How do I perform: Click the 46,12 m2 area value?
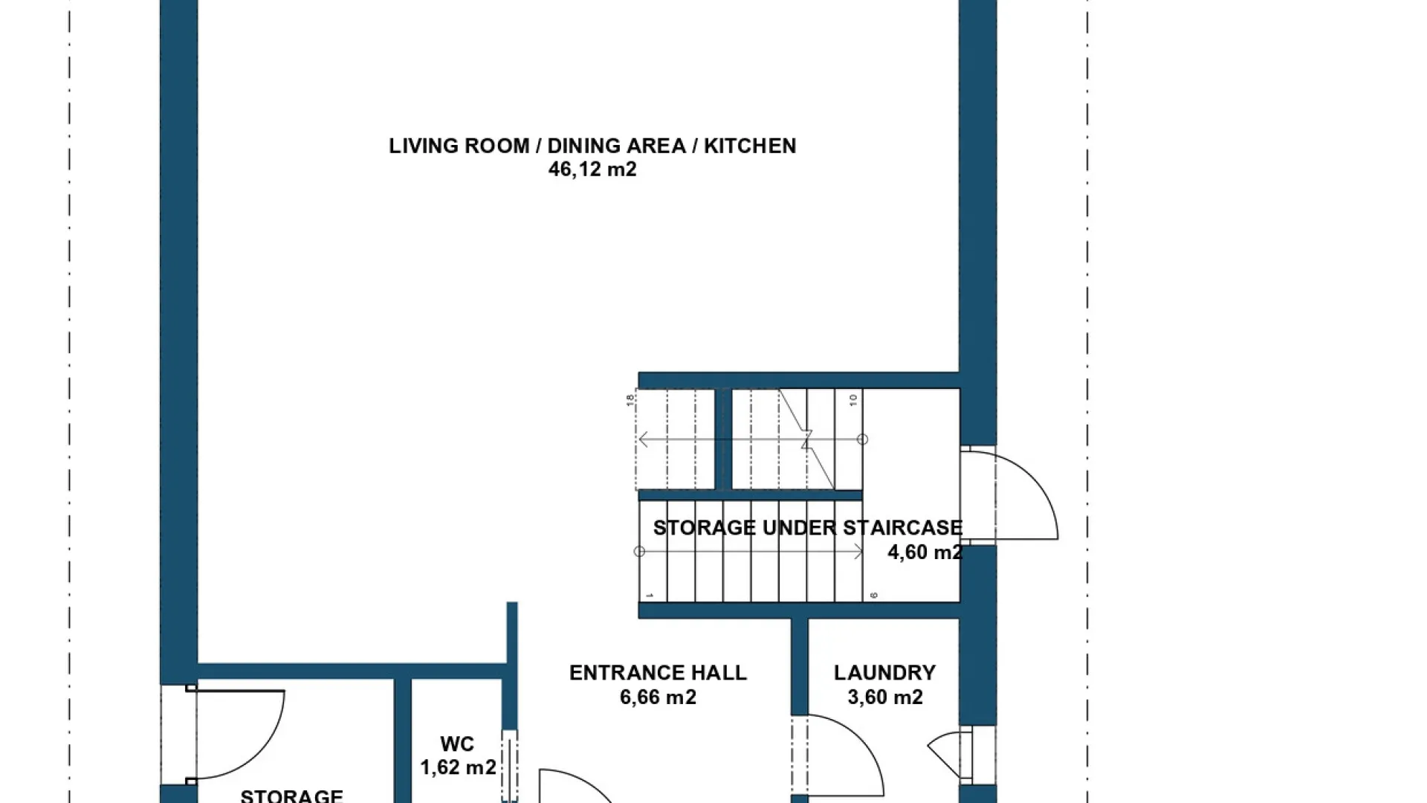(x=592, y=170)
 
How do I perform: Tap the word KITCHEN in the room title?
(x=750, y=146)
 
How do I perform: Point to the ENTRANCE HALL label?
(x=658, y=673)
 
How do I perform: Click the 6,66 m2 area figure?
(x=658, y=697)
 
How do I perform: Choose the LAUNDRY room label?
(x=884, y=673)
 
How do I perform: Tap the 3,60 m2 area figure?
(x=885, y=697)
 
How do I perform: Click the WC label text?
(x=457, y=744)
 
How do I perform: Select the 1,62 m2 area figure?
(x=458, y=767)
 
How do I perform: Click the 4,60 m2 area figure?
(x=925, y=552)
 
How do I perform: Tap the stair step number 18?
(x=630, y=400)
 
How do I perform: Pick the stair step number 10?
(x=853, y=400)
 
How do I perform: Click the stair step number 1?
(x=649, y=596)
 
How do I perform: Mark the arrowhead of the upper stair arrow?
(x=644, y=439)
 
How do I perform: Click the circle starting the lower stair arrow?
(x=639, y=552)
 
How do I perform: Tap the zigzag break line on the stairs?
(x=807, y=440)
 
